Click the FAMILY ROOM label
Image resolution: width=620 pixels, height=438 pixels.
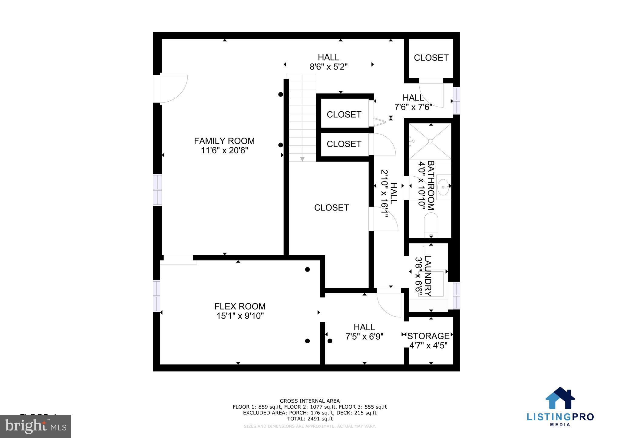coord(224,141)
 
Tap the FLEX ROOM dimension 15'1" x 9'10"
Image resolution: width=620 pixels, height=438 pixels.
coord(240,316)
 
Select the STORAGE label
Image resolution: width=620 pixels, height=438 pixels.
coord(428,336)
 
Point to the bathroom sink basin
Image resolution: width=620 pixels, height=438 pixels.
coord(444,187)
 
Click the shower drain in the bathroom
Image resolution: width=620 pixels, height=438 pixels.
coord(430,141)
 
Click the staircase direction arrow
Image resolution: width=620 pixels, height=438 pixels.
coord(302,159)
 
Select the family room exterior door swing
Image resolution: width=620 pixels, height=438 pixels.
coord(173,89)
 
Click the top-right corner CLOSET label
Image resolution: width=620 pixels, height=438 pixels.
coord(431,58)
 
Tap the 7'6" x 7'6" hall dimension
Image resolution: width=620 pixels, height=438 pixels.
coord(413,107)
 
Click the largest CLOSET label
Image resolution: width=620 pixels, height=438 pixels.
coord(331,208)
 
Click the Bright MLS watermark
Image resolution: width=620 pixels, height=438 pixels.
coord(36,426)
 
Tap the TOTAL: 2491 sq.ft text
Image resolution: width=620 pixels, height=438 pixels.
coord(310,419)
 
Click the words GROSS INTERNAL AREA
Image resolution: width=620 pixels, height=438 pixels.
coord(310,401)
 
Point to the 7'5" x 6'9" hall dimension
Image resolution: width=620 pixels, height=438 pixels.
coord(364,336)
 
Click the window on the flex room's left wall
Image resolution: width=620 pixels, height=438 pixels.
coord(156,296)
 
